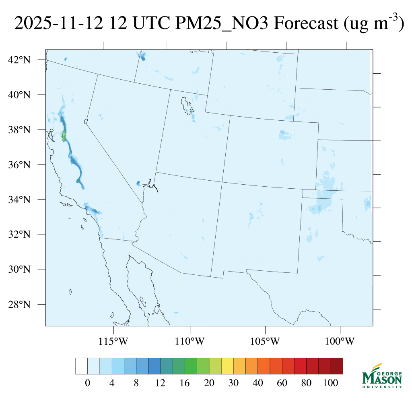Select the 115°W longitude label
click(x=113, y=342)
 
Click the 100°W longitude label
click(x=340, y=342)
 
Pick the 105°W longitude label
click(x=265, y=342)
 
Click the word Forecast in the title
click(x=306, y=24)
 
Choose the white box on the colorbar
click(x=81, y=366)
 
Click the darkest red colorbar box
click(x=337, y=366)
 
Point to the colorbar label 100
click(x=331, y=383)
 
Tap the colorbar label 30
click(x=233, y=383)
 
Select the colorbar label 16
click(x=185, y=383)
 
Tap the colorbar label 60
click(x=282, y=383)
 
